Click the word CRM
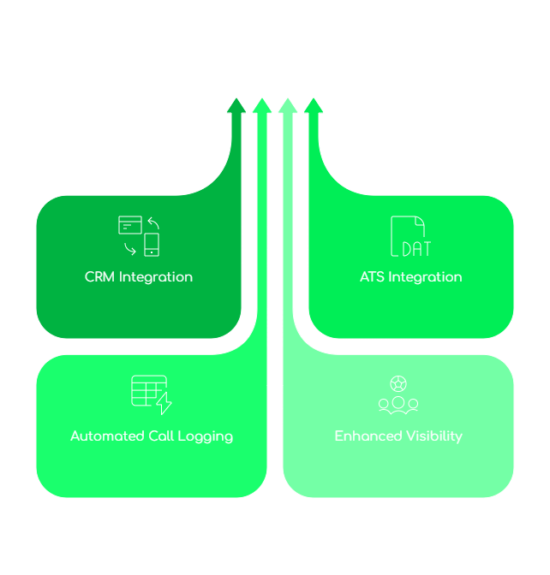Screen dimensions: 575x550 coord(99,277)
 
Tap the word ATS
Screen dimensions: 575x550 coord(373,277)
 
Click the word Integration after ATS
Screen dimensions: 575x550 coord(425,277)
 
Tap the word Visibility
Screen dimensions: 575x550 coord(433,436)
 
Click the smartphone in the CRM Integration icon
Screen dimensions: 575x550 coord(152,245)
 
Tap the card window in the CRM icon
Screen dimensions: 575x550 coord(129,225)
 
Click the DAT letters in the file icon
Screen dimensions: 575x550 coord(415,249)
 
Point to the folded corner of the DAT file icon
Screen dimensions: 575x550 coord(420,221)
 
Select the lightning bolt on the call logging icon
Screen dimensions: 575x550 coord(164,404)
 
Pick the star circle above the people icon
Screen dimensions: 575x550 coord(398,383)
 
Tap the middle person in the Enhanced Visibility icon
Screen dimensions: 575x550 coord(398,403)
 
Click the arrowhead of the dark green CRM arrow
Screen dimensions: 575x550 coord(236,105)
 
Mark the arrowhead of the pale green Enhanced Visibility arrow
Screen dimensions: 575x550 coord(288,105)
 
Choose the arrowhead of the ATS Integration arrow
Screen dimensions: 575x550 coord(314,105)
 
